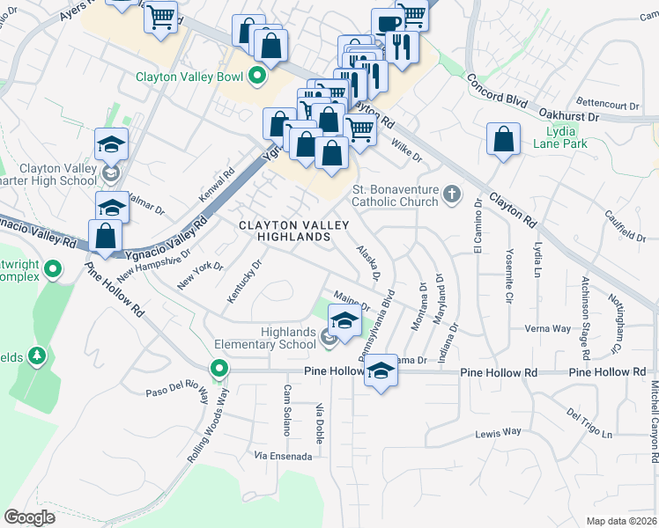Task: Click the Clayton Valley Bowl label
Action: click(189, 77)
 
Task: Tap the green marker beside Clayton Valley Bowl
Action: click(257, 77)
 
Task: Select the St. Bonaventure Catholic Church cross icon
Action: click(452, 194)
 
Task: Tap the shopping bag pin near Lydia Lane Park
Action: click(502, 139)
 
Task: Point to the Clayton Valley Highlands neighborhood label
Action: click(283, 231)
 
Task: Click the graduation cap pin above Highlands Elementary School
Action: click(344, 321)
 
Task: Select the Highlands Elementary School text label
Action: click(275, 338)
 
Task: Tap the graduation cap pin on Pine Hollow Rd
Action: click(381, 371)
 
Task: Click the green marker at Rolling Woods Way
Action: click(218, 368)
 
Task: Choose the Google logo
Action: click(29, 517)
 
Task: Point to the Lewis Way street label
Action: click(499, 432)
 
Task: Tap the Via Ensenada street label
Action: click(283, 457)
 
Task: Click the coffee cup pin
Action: click(386, 24)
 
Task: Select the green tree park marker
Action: click(37, 356)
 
